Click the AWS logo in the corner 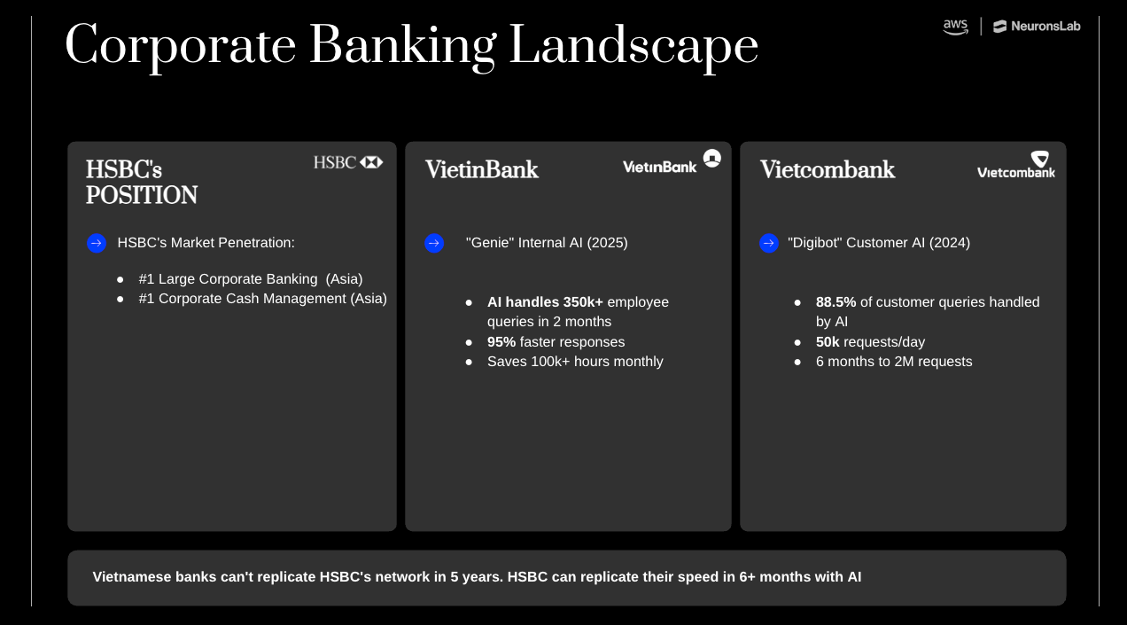click(x=955, y=27)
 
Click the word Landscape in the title click(x=633, y=46)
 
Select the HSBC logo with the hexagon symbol click(x=348, y=162)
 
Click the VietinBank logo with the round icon click(x=672, y=162)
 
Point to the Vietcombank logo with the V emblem click(x=1016, y=165)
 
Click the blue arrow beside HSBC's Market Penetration click(x=97, y=243)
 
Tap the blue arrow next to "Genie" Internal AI click(x=434, y=243)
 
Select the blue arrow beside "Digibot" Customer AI click(x=769, y=243)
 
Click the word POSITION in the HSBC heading click(x=142, y=195)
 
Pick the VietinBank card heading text click(x=481, y=169)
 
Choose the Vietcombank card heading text click(x=828, y=169)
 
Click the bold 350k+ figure click(x=583, y=302)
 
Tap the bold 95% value click(x=501, y=342)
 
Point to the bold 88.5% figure click(x=836, y=302)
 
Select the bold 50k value click(x=828, y=342)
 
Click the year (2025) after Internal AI click(x=607, y=243)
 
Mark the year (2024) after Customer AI click(x=949, y=243)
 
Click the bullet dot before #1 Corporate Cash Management click(x=120, y=300)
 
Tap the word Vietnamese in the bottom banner click(x=132, y=577)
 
